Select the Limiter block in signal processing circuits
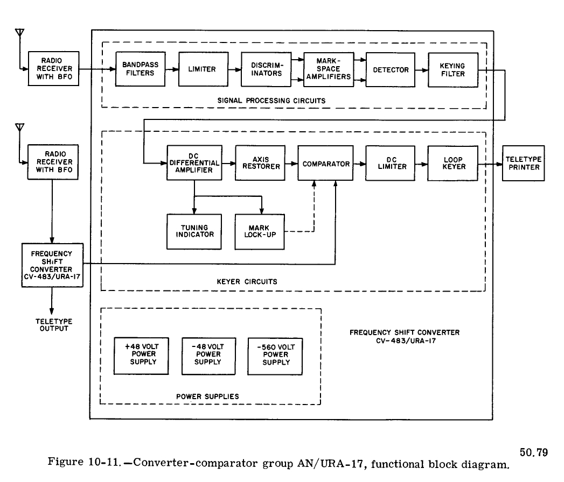point(202,69)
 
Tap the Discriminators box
point(263,69)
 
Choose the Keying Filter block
point(452,69)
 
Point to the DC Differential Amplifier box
point(194,162)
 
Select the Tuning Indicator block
point(194,231)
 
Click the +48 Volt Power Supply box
point(141,355)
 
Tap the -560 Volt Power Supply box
point(275,355)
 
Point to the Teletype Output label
point(52,324)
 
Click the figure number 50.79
point(536,451)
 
